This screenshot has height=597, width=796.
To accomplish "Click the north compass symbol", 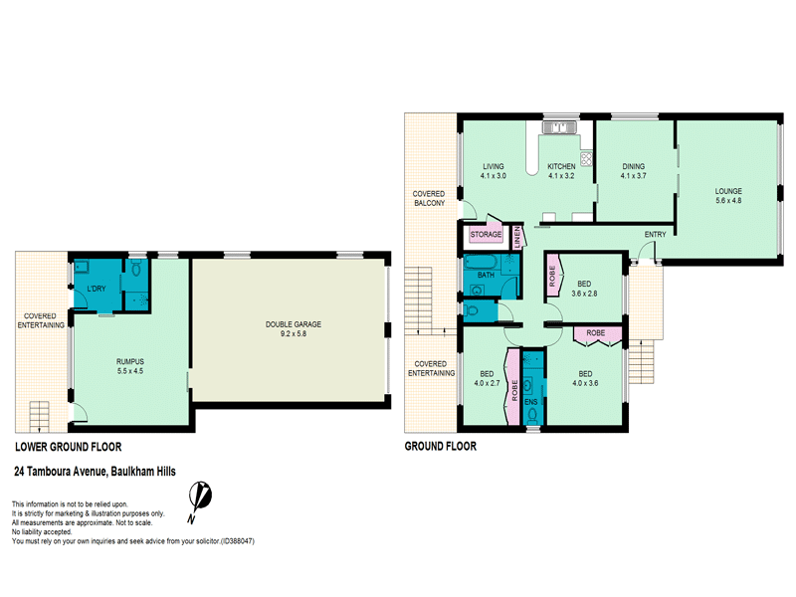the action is pyautogui.click(x=200, y=501).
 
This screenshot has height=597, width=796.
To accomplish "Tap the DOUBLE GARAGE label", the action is pyautogui.click(x=294, y=324).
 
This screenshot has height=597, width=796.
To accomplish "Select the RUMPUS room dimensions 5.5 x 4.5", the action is pyautogui.click(x=130, y=371).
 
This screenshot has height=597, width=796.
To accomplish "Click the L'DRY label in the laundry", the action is pyautogui.click(x=97, y=289).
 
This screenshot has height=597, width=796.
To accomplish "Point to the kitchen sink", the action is pyautogui.click(x=558, y=127).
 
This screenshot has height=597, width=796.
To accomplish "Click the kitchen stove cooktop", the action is pyautogui.click(x=586, y=159).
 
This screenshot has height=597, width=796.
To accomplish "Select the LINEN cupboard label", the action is pyautogui.click(x=517, y=237).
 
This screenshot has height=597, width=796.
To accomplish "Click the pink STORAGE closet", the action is pyautogui.click(x=486, y=234).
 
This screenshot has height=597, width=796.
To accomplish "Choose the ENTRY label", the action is pyautogui.click(x=656, y=234).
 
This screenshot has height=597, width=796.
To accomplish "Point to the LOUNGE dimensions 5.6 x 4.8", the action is pyautogui.click(x=728, y=201).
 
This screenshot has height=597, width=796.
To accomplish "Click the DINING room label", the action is pyautogui.click(x=634, y=166).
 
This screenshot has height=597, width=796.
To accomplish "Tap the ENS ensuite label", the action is pyautogui.click(x=531, y=402).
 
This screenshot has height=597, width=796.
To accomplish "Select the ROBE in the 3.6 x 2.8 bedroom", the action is pyautogui.click(x=552, y=277).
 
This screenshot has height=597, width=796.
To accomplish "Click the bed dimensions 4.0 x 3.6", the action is pyautogui.click(x=585, y=383).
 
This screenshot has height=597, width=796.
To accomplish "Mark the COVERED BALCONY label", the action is pyautogui.click(x=429, y=198).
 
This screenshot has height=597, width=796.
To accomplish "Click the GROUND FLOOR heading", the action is pyautogui.click(x=441, y=446).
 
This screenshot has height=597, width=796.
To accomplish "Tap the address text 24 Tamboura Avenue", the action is pyautogui.click(x=61, y=472).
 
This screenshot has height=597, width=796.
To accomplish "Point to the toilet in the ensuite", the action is pyautogui.click(x=532, y=416).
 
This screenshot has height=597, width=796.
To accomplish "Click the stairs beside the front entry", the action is pyautogui.click(x=642, y=361).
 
